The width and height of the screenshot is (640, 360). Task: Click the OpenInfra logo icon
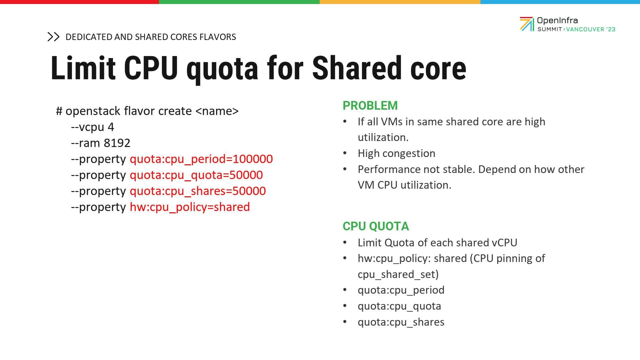[x=527, y=24]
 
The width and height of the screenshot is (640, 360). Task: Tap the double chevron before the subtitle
[x=53, y=37]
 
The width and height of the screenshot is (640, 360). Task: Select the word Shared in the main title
[x=357, y=68]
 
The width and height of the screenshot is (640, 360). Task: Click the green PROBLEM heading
[x=370, y=105]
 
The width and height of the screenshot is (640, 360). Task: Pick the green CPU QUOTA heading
[x=376, y=226]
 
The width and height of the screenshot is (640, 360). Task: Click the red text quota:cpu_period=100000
[x=201, y=159]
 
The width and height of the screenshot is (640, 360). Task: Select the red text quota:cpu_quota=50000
[x=196, y=175]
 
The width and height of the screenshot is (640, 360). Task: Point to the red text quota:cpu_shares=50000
[x=198, y=191]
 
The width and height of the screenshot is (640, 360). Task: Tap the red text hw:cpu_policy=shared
[x=190, y=207]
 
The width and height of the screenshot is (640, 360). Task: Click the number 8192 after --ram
[x=117, y=143]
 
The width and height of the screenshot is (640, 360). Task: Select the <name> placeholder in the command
[x=217, y=111]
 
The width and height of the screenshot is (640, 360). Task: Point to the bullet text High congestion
[x=396, y=153]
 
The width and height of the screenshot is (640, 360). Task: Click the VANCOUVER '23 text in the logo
[x=591, y=29]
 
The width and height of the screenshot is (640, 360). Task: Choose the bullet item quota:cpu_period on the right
[x=401, y=290]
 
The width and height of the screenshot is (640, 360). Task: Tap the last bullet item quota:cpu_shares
[x=401, y=322]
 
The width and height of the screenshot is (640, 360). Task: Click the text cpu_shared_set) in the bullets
[x=398, y=274]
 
